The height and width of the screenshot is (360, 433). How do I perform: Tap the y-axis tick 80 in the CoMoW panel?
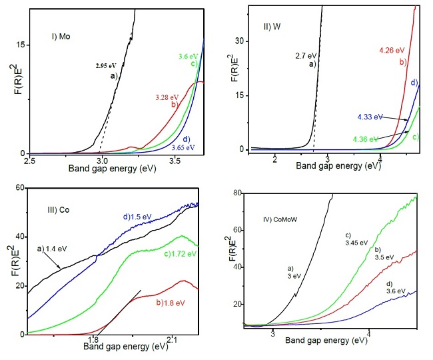click(234, 194)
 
